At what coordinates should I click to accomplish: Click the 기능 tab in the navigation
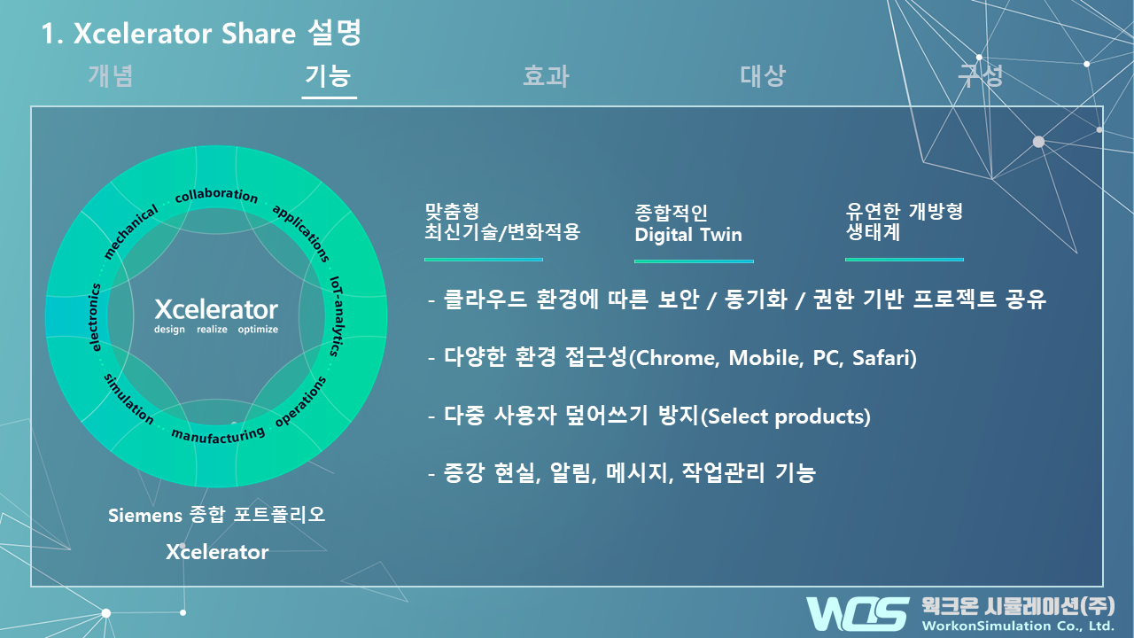[x=328, y=76]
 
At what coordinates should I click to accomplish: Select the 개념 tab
[x=111, y=76]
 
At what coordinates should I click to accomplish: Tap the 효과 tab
[x=546, y=76]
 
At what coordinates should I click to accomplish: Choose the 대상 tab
[x=763, y=76]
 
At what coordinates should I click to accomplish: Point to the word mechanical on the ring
[x=130, y=232]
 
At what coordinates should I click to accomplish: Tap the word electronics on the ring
[x=95, y=317]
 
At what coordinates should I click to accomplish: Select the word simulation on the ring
[x=128, y=400]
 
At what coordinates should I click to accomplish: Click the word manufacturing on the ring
[x=218, y=435]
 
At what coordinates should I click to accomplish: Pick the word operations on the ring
[x=300, y=401]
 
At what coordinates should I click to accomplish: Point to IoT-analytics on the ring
[x=337, y=316]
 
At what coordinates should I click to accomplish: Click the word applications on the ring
[x=301, y=233]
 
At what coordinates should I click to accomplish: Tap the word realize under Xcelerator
[x=212, y=329]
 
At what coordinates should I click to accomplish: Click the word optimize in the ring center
[x=258, y=330]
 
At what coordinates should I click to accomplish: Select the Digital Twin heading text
[x=688, y=235]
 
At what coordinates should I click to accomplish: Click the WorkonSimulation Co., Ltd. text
[x=1018, y=626]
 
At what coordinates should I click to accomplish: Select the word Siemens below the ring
[x=144, y=516]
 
